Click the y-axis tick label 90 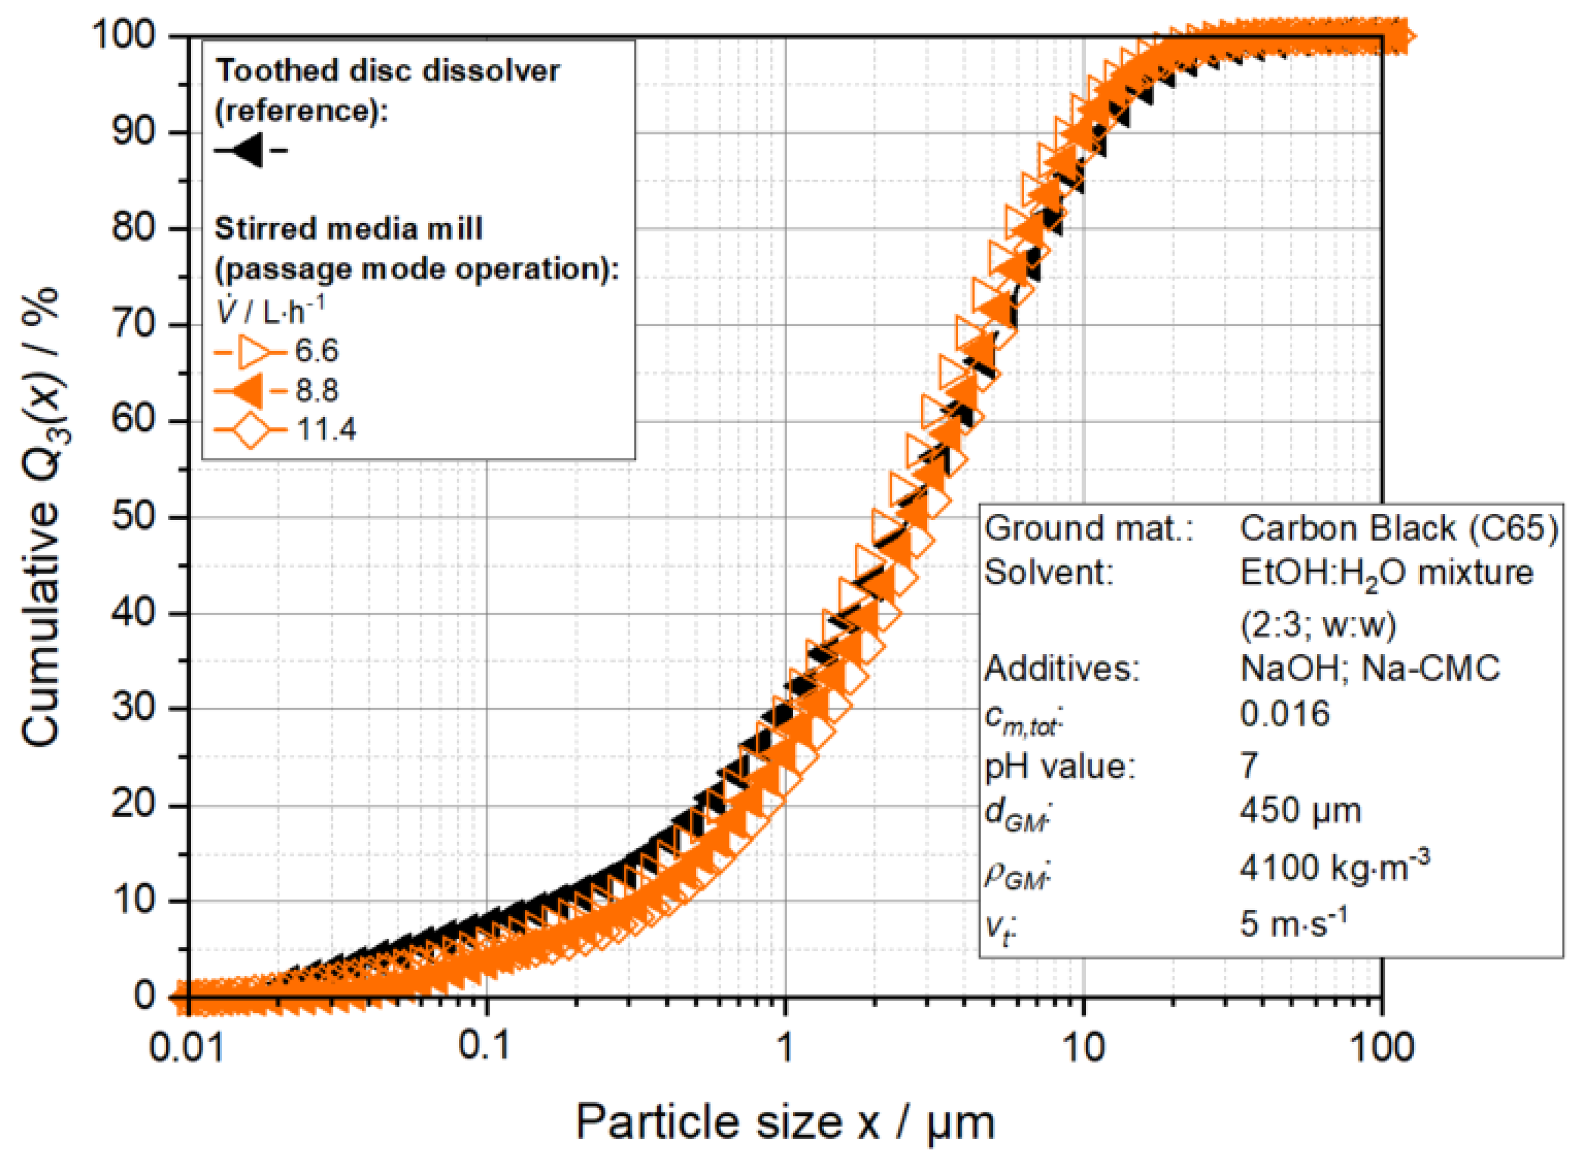(x=133, y=132)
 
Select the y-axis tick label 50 (x=133, y=516)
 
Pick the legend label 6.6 (x=316, y=350)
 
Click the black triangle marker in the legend (x=248, y=150)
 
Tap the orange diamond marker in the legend (x=250, y=428)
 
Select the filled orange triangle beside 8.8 (x=248, y=390)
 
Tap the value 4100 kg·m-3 (x=1334, y=868)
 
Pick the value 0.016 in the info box (x=1284, y=714)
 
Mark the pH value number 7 (x=1248, y=765)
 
